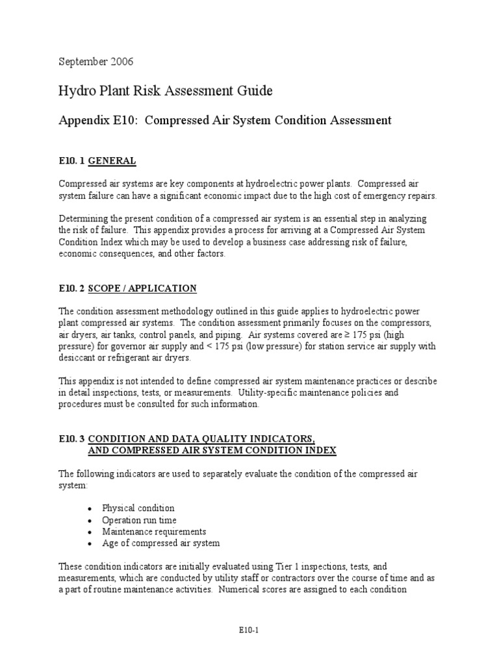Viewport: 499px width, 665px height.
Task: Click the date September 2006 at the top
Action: [x=96, y=62]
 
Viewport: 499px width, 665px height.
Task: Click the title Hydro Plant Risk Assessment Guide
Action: [x=166, y=92]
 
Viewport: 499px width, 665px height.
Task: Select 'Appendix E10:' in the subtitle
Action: [x=98, y=120]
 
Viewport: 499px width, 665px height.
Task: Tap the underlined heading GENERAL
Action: [x=112, y=160]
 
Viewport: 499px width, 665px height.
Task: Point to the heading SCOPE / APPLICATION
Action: [x=142, y=288]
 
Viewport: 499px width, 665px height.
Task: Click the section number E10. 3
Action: [x=71, y=439]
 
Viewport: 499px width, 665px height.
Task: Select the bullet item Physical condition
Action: [x=138, y=508]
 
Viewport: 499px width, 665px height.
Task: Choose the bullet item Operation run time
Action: [x=138, y=520]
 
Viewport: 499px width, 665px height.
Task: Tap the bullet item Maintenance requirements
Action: [x=153, y=531]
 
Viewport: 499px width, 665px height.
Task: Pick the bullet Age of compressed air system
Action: [x=160, y=543]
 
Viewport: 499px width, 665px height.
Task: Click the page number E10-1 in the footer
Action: [x=249, y=631]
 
